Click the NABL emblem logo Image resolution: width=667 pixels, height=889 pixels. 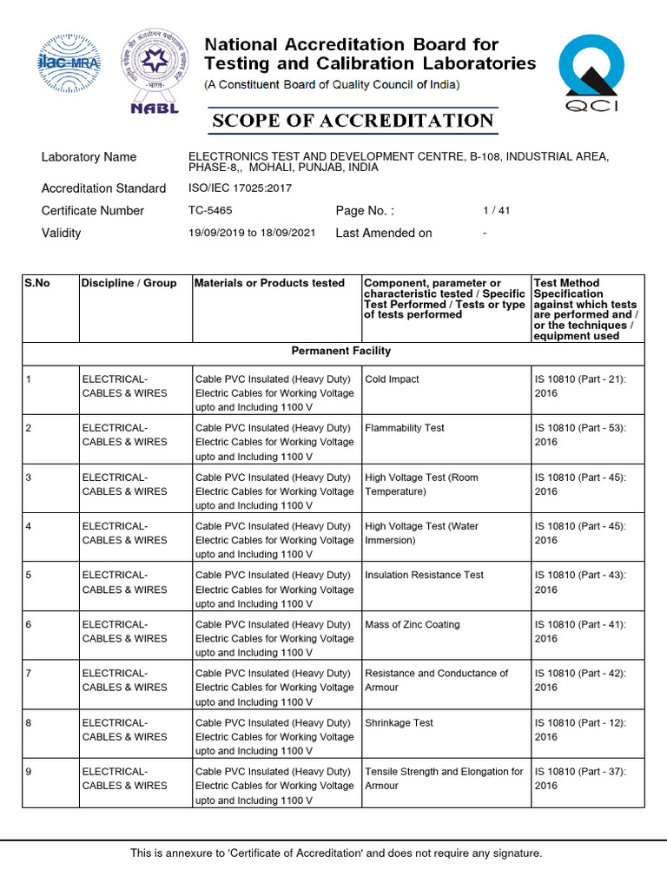coord(155,71)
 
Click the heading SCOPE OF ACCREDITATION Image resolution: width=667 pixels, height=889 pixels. coord(353,120)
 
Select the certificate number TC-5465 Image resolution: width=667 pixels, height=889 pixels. coord(210,210)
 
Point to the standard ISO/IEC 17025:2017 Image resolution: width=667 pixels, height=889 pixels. coord(240,188)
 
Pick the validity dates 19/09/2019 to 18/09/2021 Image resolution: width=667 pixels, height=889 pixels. coord(252,233)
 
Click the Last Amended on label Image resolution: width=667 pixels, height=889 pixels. coord(383,233)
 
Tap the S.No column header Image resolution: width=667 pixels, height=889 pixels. coord(38,283)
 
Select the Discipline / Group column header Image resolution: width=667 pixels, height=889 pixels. coord(129,283)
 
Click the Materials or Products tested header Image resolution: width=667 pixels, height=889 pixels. coord(269,283)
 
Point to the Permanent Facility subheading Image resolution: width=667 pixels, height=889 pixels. coord(340,351)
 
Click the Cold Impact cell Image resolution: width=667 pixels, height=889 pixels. coord(392,379)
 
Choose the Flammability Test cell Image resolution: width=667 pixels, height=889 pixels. coord(405,428)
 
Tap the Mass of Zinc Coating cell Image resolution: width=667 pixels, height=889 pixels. coord(413,624)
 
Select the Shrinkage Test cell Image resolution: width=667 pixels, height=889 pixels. coord(399,722)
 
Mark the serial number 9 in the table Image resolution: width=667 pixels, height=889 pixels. coord(29,771)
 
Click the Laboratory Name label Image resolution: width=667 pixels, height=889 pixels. coord(89,157)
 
